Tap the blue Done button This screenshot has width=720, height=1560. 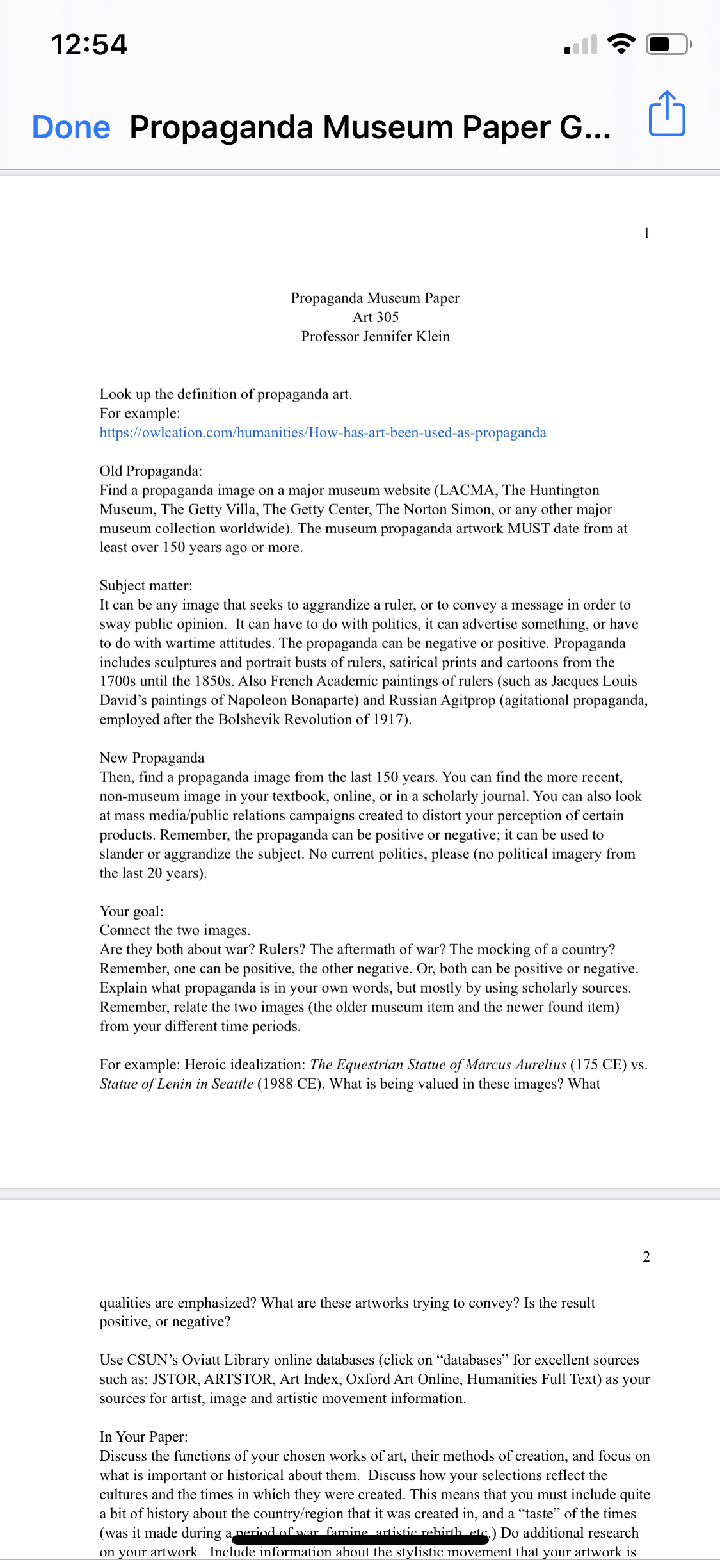click(x=71, y=127)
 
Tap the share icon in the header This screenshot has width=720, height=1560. click(x=667, y=114)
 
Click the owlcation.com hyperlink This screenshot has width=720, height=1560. click(x=323, y=433)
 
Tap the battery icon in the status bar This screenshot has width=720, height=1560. click(x=668, y=44)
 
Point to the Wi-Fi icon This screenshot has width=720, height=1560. click(x=621, y=44)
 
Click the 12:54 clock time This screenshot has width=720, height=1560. click(x=89, y=45)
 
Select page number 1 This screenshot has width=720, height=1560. click(x=646, y=233)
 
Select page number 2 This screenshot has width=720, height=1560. click(x=646, y=1256)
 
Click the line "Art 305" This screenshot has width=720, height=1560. click(x=376, y=317)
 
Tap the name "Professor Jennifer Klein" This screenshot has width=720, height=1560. click(x=376, y=336)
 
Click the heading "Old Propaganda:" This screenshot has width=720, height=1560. click(x=150, y=471)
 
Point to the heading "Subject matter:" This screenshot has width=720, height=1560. click(x=145, y=586)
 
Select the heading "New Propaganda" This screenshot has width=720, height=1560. click(x=152, y=758)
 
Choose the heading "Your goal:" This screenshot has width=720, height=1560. click(x=131, y=911)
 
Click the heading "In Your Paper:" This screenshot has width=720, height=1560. click(x=143, y=1437)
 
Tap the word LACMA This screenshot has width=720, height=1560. click(x=468, y=491)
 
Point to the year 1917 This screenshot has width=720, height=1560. click(x=388, y=720)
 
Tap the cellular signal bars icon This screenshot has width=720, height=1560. click(x=580, y=45)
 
